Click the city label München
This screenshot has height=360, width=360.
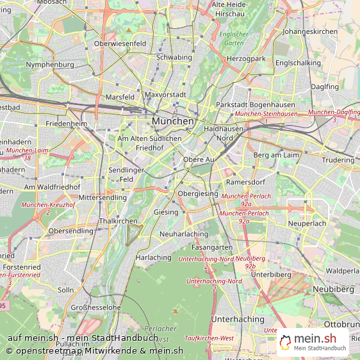click(x=173, y=120)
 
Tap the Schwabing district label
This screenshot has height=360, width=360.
click(x=174, y=57)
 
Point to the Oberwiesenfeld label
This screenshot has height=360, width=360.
click(x=120, y=44)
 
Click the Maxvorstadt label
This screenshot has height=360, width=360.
click(x=165, y=95)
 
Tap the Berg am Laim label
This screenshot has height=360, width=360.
click(x=277, y=155)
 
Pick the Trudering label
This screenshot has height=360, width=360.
click(x=338, y=160)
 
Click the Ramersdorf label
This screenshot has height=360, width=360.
click(x=241, y=182)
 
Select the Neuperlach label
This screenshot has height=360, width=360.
click(x=307, y=224)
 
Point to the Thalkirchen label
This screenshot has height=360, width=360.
click(x=119, y=221)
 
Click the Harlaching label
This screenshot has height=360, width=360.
click(x=154, y=258)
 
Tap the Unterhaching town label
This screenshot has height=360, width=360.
click(x=238, y=319)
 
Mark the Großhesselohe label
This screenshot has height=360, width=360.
click(x=95, y=307)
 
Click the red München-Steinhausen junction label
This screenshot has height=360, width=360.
click(x=266, y=114)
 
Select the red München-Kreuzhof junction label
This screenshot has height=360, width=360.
click(x=48, y=205)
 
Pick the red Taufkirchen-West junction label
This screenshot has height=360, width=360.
click(x=209, y=338)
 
